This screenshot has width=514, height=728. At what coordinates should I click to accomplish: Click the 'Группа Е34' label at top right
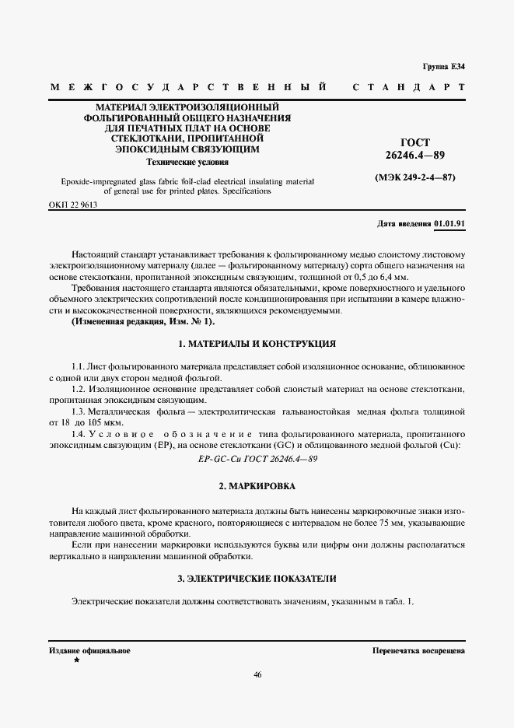tap(443, 67)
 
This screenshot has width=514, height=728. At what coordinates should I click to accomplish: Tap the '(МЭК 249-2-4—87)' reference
tap(414, 177)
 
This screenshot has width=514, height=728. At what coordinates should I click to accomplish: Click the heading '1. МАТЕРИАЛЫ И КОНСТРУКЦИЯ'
tap(257, 343)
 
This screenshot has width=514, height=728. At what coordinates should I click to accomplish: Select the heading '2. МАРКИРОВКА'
tap(257, 486)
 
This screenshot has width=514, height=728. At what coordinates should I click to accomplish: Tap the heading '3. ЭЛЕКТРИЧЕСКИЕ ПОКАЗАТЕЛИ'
tap(257, 579)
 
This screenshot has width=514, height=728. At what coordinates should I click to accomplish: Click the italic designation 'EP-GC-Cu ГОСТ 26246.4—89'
tap(257, 459)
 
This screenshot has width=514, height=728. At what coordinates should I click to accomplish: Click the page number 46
tap(257, 674)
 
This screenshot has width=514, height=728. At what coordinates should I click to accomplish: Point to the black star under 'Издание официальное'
tap(76, 660)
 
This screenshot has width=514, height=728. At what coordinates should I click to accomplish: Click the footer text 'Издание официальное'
tap(89, 649)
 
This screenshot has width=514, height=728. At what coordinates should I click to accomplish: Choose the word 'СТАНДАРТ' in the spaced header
tap(409, 88)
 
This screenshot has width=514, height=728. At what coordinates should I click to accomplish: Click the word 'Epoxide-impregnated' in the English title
tap(92, 181)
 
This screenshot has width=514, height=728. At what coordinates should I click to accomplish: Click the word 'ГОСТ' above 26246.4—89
tap(416, 142)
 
